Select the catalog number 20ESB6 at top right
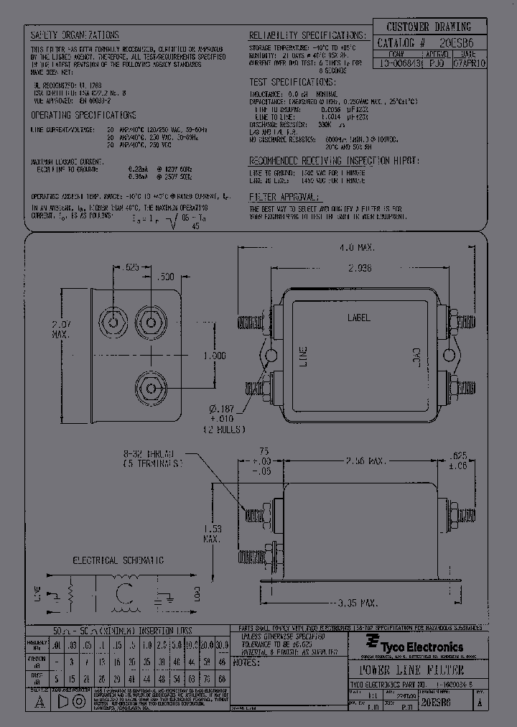(457, 43)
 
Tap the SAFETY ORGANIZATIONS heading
(75, 35)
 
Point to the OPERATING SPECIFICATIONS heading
(83, 115)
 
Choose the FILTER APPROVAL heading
(283, 196)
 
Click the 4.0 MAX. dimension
(358, 248)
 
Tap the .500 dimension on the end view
(164, 277)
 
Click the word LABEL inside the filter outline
(359, 317)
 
